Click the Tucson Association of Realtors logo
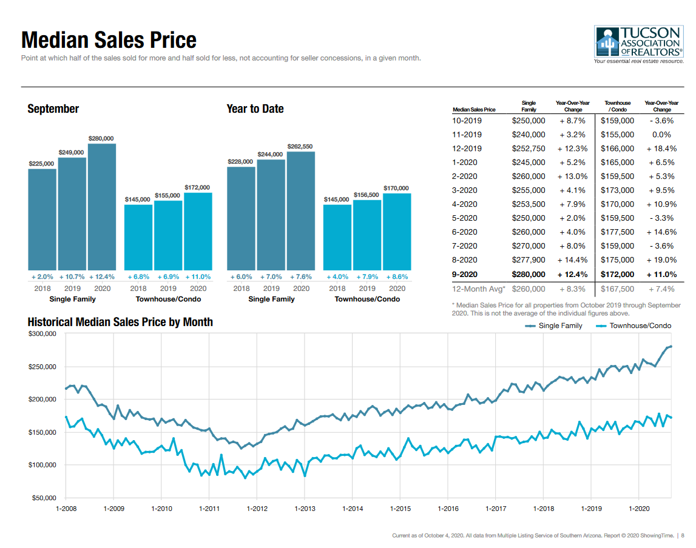coord(640,44)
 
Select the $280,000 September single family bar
coord(102,206)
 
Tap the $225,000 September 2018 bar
coord(42,219)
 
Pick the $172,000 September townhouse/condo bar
coord(198,231)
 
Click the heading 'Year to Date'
coord(255,109)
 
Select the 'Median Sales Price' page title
coord(109,40)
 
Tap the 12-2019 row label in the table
coord(467,149)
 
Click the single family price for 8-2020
coord(529,260)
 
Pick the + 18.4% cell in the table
coord(662,149)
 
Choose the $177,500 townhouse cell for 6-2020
coord(617,232)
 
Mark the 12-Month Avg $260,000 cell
coord(529,289)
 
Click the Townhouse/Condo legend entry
coord(634,326)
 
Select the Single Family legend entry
coord(554,326)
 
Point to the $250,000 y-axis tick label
coord(42,367)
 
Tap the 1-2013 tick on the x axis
coord(305,509)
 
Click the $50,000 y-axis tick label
coord(44,498)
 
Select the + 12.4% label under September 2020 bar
coord(102,276)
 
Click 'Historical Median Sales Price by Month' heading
coord(120,322)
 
